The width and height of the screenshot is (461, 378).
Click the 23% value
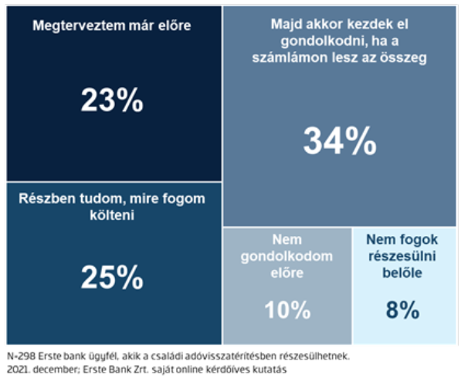[x=112, y=100]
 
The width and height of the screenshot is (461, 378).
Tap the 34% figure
[x=340, y=140]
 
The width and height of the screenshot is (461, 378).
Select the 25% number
[x=112, y=277]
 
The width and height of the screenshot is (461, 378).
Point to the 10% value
[x=287, y=309]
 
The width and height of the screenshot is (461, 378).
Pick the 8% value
[x=402, y=309]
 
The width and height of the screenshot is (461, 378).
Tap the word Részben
[x=47, y=198]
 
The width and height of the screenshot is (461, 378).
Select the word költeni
[x=112, y=215]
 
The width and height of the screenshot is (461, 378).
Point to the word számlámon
[x=290, y=57]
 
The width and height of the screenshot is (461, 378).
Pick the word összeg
[x=403, y=58]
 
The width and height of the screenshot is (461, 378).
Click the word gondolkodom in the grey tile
[x=286, y=257]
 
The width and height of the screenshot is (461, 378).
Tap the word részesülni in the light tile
[x=402, y=256]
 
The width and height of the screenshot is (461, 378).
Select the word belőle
[x=402, y=273]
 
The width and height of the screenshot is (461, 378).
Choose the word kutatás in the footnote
[x=269, y=370]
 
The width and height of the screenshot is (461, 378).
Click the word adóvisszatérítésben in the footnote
[x=219, y=356]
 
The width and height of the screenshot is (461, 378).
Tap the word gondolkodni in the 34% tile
[x=324, y=41]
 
